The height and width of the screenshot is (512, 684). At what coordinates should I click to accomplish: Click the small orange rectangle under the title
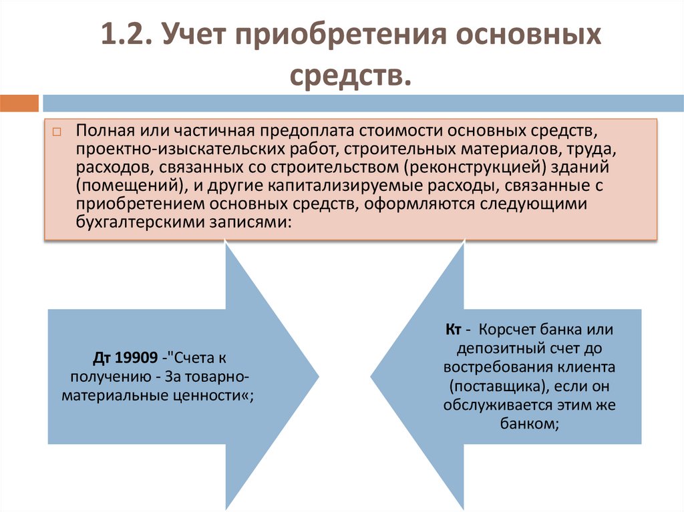click(19, 103)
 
